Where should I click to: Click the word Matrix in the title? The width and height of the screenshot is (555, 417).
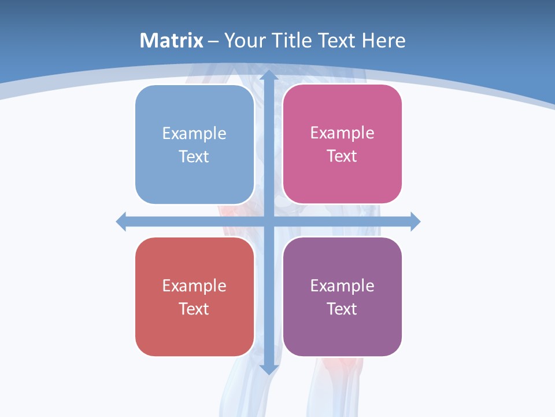pyautogui.click(x=172, y=41)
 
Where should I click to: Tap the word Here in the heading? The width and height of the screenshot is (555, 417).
pyautogui.click(x=383, y=41)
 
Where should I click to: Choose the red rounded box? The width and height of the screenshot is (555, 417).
pyautogui.click(x=194, y=330)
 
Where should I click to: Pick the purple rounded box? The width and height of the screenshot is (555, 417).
pyautogui.click(x=342, y=330)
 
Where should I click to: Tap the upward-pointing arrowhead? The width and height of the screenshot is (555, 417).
pyautogui.click(x=269, y=75)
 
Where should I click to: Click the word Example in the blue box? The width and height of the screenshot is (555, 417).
pyautogui.click(x=194, y=134)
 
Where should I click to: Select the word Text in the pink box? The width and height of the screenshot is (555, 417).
pyautogui.click(x=342, y=156)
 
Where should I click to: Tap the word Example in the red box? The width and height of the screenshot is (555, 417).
pyautogui.click(x=194, y=286)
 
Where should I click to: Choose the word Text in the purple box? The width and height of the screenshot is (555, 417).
pyautogui.click(x=342, y=309)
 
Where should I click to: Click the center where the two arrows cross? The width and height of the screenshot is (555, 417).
pyautogui.click(x=269, y=221)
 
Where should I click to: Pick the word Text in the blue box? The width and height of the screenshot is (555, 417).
pyautogui.click(x=194, y=157)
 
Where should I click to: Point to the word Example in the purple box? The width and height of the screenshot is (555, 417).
pyautogui.click(x=342, y=286)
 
